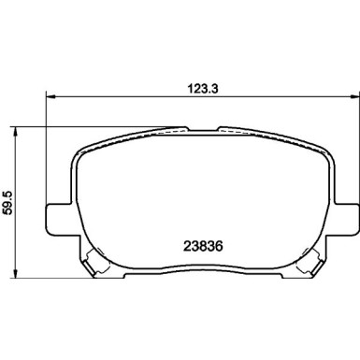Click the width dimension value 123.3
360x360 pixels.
[x=203, y=89]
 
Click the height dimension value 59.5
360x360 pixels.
[x=7, y=202]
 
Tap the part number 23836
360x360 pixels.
[x=203, y=247]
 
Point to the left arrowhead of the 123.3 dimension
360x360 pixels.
[x=50, y=96]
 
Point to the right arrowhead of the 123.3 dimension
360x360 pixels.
[x=355, y=96]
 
